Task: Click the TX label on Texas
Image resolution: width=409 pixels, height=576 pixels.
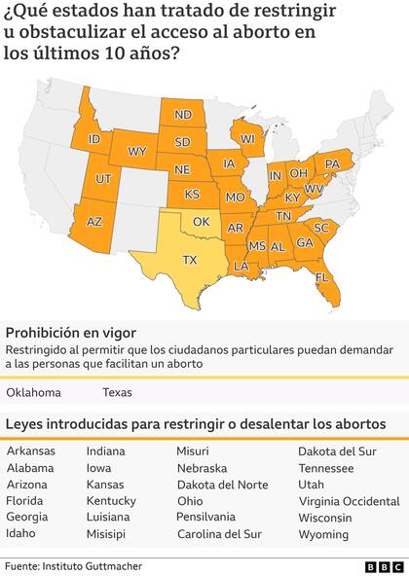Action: click(x=190, y=260)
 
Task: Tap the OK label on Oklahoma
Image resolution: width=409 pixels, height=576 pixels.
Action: click(x=202, y=222)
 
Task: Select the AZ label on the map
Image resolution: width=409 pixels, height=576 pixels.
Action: click(x=94, y=222)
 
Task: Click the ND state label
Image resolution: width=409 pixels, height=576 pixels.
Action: click(x=182, y=115)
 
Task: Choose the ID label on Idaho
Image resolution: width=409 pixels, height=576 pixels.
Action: click(x=95, y=139)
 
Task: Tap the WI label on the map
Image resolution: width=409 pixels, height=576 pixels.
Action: click(x=247, y=139)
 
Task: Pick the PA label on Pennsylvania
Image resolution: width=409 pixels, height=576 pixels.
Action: click(x=331, y=162)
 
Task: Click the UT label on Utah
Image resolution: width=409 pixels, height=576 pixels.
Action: click(x=102, y=179)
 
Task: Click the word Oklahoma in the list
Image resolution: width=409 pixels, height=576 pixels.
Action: click(x=33, y=393)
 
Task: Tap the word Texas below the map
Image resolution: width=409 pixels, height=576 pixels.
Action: click(x=118, y=393)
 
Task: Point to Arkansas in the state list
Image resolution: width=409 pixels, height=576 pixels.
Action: click(x=31, y=450)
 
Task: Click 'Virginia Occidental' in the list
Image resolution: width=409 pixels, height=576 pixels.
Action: click(x=349, y=501)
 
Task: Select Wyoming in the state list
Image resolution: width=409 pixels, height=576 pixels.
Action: click(x=323, y=534)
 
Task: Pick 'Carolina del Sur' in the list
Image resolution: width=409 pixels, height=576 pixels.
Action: click(x=219, y=534)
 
